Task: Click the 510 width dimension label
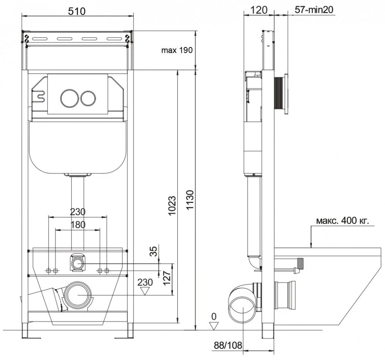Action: [77, 11]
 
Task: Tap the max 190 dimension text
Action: [177, 50]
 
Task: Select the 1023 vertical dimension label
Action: [172, 206]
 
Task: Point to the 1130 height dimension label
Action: [190, 200]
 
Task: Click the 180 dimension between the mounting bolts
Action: [78, 225]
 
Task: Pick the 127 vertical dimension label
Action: [167, 278]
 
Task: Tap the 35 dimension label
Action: [154, 251]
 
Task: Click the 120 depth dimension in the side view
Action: [259, 10]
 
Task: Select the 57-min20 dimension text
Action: [314, 10]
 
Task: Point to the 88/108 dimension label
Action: [228, 345]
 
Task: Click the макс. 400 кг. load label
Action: [343, 221]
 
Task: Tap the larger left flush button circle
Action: [70, 98]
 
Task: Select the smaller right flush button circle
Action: [88, 98]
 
